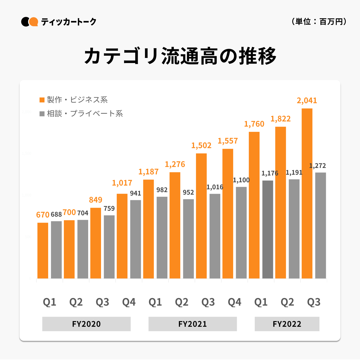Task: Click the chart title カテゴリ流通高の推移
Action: (x=180, y=56)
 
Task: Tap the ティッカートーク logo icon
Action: (x=30, y=22)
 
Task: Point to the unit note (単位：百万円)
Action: (x=319, y=22)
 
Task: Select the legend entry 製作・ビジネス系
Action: (x=74, y=100)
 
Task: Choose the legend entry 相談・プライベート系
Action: (x=81, y=113)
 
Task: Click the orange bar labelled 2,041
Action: (x=307, y=193)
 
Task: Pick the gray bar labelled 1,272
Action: (x=321, y=225)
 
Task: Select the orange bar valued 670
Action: (x=43, y=251)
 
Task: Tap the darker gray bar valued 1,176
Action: (x=268, y=230)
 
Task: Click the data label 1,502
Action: (x=201, y=145)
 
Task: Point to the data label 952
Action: (x=188, y=192)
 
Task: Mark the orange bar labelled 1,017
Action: (x=122, y=236)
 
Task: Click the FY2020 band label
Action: (x=86, y=324)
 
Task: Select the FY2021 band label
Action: (x=193, y=324)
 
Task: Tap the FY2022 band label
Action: (x=287, y=324)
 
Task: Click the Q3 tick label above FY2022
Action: (x=314, y=302)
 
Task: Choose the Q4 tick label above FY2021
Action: (x=234, y=302)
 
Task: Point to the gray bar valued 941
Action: (x=135, y=239)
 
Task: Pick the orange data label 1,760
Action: (x=254, y=124)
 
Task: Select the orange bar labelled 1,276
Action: (x=175, y=225)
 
